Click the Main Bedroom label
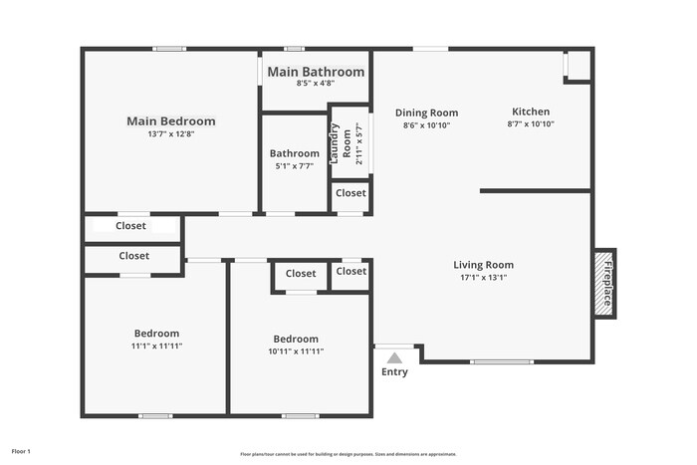[170, 121]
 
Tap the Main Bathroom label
[316, 72]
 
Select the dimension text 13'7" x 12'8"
[170, 134]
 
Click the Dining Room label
[426, 113]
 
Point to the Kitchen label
[530, 112]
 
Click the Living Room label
[483, 265]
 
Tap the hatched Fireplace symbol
[603, 284]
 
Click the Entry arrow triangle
[394, 357]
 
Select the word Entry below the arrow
[394, 372]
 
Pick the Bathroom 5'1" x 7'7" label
[295, 153]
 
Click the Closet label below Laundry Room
[349, 193]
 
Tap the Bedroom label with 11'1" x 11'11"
[156, 334]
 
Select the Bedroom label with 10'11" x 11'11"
[296, 339]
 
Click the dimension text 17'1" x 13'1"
[483, 278]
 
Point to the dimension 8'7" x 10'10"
[530, 124]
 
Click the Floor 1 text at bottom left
[21, 452]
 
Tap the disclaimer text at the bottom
[348, 453]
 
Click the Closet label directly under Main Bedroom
[130, 226]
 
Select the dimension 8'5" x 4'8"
[315, 84]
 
